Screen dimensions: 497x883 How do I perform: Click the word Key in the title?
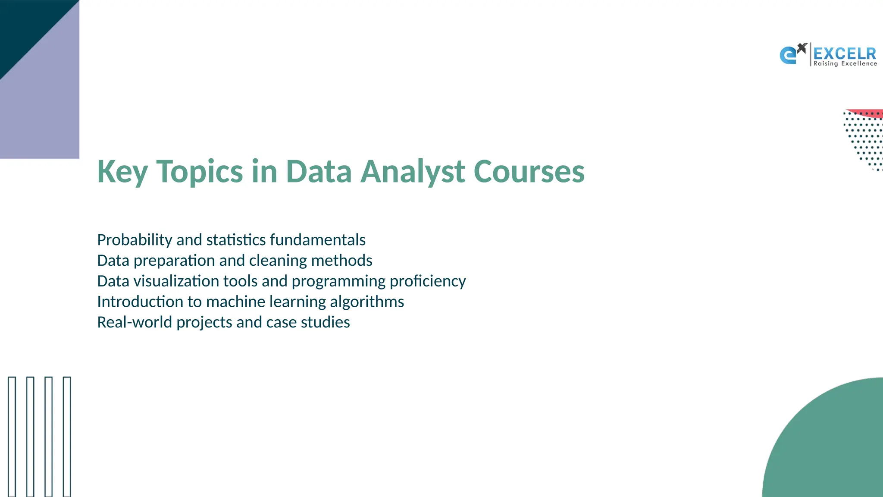122,172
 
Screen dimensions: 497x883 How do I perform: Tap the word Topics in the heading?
199,172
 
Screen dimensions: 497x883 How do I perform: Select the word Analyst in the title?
413,172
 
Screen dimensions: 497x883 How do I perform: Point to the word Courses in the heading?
529,172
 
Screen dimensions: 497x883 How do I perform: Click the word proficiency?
428,281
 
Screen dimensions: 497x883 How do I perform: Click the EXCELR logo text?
845,53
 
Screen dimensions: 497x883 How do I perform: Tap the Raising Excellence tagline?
845,64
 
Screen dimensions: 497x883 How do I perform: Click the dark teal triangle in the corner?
26,26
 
